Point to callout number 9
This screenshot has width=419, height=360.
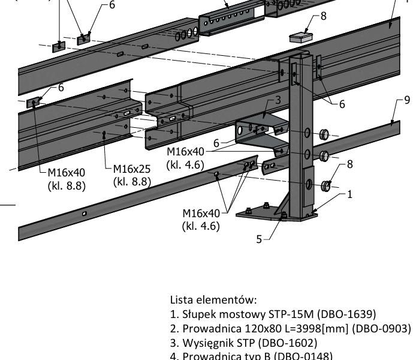click(407, 100)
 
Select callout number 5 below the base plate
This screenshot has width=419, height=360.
click(260, 239)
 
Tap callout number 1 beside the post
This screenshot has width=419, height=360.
click(350, 194)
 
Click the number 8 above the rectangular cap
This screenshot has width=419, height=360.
click(324, 16)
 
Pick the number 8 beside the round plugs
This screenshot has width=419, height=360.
click(350, 163)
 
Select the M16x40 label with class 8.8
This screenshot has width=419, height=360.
click(66, 180)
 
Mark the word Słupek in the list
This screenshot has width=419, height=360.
click(198, 314)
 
